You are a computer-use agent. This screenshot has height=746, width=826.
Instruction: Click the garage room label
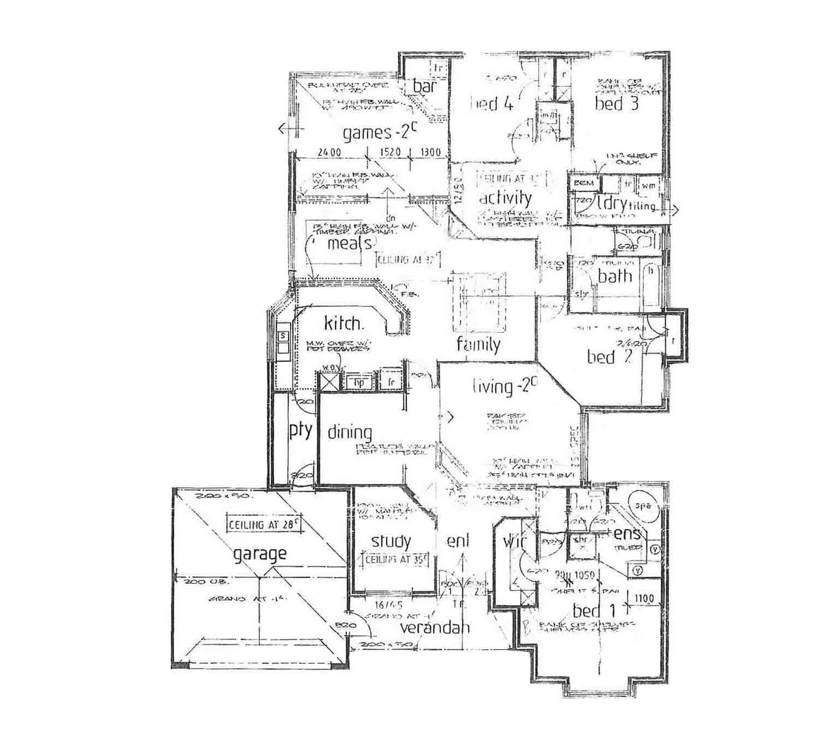click(259, 553)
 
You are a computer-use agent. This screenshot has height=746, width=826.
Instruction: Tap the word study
click(391, 541)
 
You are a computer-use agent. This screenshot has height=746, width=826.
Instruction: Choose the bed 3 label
click(617, 104)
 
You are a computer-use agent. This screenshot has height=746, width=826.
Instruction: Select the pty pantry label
click(300, 431)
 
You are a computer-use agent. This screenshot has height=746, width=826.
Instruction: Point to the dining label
click(349, 433)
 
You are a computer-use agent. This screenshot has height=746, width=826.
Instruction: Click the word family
click(478, 343)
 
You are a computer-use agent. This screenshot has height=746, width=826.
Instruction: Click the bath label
click(615, 276)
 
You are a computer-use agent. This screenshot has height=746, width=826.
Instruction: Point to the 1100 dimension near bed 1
click(644, 599)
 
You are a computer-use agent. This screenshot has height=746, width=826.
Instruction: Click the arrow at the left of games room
click(283, 128)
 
